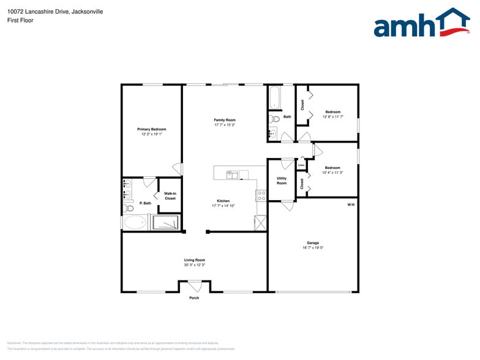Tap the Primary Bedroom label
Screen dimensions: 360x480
[x=151, y=129]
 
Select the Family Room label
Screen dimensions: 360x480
[x=225, y=120]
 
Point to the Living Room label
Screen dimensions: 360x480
[x=195, y=260]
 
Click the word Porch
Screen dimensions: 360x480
[x=194, y=298]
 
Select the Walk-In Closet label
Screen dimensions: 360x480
[x=170, y=196]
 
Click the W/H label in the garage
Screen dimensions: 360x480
[x=351, y=204]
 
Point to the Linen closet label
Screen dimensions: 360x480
[x=301, y=165]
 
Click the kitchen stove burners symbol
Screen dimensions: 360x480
[x=261, y=196]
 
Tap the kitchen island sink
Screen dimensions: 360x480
[x=233, y=174]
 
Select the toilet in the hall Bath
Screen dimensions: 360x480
[x=275, y=119]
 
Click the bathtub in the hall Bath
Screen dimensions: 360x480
[x=274, y=97]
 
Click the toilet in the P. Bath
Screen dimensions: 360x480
[x=129, y=208]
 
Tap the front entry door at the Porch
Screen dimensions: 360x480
[x=195, y=285]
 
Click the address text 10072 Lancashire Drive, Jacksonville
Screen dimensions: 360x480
[x=55, y=12]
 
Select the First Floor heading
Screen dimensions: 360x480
[x=21, y=20]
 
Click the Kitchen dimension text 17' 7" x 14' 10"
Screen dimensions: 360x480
[x=223, y=206]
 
